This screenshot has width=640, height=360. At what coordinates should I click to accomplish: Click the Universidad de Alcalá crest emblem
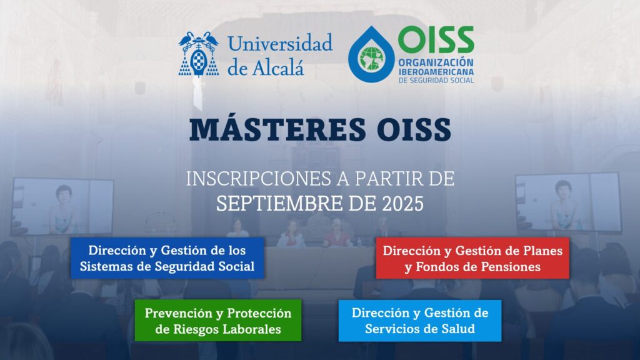pyautogui.click(x=199, y=54)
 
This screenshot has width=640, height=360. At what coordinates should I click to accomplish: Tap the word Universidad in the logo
pyautogui.click(x=281, y=43)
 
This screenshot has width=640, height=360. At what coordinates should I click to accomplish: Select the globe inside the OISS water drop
pyautogui.click(x=371, y=58)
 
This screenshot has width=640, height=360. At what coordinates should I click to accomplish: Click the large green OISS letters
pyautogui.click(x=436, y=39)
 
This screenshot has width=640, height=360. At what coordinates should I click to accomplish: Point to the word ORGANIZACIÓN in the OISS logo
pyautogui.click(x=436, y=63)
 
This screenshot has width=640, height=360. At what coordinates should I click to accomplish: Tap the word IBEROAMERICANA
pyautogui.click(x=436, y=72)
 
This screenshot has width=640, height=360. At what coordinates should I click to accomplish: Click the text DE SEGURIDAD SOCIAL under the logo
pyautogui.click(x=436, y=81)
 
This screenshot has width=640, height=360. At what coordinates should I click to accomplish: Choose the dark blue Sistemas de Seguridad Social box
pyautogui.click(x=167, y=258)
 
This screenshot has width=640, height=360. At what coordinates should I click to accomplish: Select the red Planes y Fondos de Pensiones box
pyautogui.click(x=472, y=258)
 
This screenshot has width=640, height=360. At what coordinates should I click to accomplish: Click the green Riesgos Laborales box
pyautogui.click(x=218, y=321)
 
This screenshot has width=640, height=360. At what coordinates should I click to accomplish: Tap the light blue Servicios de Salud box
pyautogui.click(x=420, y=321)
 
